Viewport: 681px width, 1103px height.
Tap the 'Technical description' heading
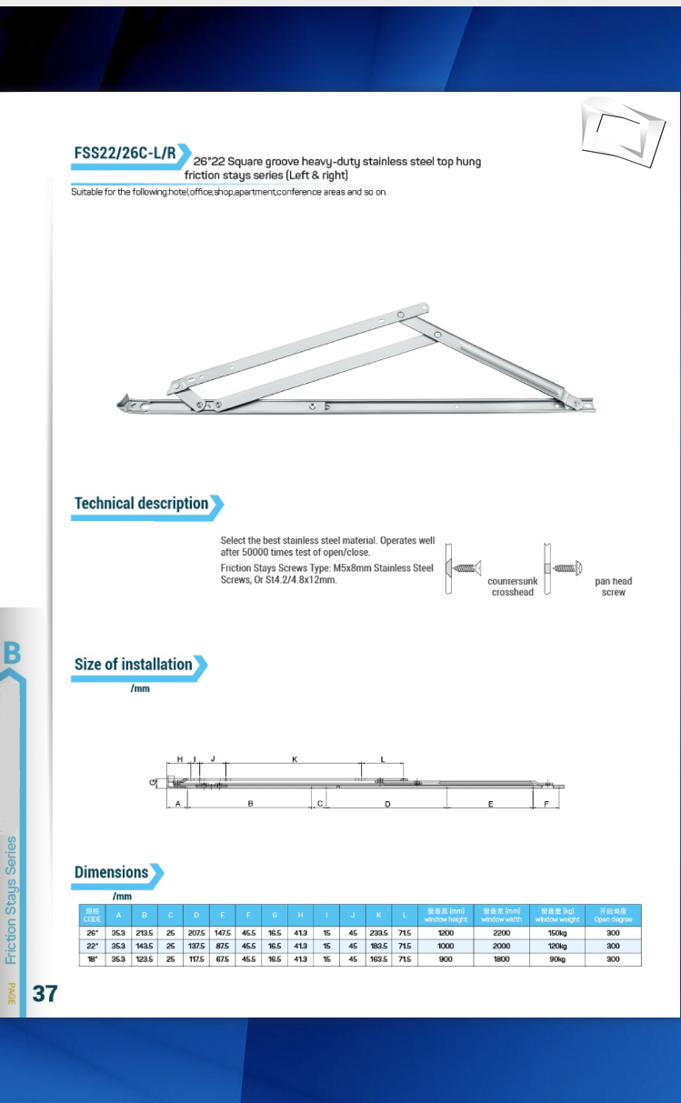pyautogui.click(x=142, y=504)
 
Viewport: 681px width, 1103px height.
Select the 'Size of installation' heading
pyautogui.click(x=134, y=665)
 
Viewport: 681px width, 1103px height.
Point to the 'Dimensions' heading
pyautogui.click(x=111, y=873)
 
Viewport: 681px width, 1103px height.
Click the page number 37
pyautogui.click(x=45, y=993)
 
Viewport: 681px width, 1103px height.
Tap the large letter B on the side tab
pyautogui.click(x=12, y=653)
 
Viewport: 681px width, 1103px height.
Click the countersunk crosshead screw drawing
pyautogui.click(x=463, y=568)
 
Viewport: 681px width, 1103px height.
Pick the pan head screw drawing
pyautogui.click(x=563, y=568)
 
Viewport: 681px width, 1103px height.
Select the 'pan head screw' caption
pyautogui.click(x=613, y=587)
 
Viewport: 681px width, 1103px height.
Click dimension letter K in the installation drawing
pyautogui.click(x=295, y=757)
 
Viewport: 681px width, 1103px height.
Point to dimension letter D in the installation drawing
pyautogui.click(x=387, y=805)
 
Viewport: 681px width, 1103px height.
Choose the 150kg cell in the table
pyautogui.click(x=557, y=933)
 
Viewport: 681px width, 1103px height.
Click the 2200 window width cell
pyautogui.click(x=501, y=933)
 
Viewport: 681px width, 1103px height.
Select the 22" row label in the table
pyautogui.click(x=92, y=946)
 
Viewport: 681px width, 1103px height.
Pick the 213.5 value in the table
pyautogui.click(x=144, y=933)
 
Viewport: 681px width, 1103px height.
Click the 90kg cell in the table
pyautogui.click(x=557, y=958)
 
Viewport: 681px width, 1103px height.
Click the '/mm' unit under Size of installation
pyautogui.click(x=139, y=689)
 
